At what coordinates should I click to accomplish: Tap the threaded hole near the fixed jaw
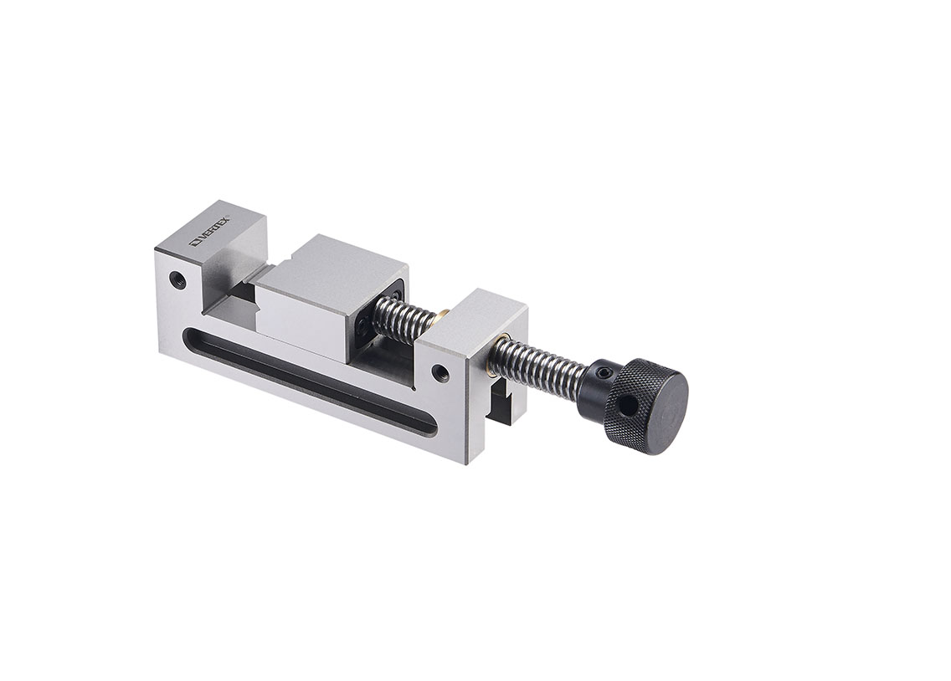[x=177, y=279]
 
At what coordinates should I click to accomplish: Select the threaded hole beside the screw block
[x=440, y=372]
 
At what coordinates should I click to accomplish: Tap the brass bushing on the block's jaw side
[x=442, y=315]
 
